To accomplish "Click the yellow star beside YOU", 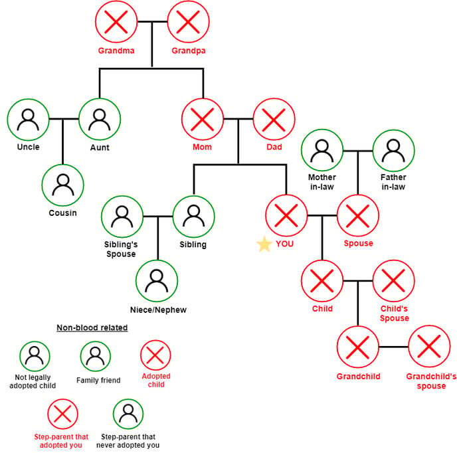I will (264, 244).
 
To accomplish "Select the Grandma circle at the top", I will (116, 23).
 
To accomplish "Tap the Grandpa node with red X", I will (188, 23).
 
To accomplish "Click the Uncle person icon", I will (28, 120).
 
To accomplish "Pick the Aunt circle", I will (100, 120).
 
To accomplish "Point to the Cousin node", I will (63, 185).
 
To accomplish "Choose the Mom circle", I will (202, 120).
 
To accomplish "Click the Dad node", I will (274, 120).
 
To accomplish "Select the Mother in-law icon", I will (322, 151).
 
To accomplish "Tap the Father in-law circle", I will (393, 151).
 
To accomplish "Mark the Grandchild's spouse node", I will (429, 347).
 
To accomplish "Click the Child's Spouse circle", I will (393, 281).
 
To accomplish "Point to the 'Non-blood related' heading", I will (92, 327).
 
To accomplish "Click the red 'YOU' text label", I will (284, 244).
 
